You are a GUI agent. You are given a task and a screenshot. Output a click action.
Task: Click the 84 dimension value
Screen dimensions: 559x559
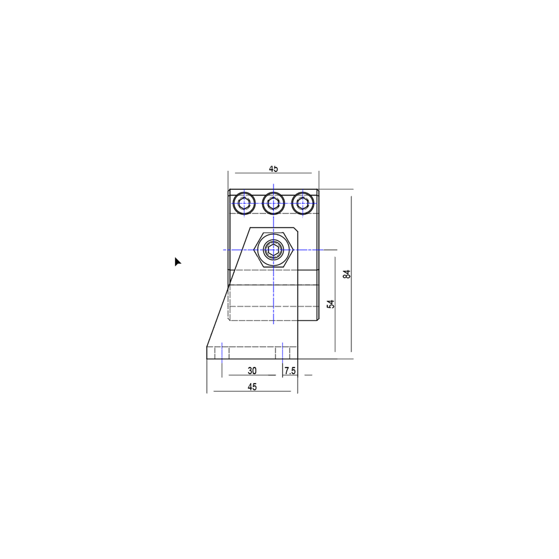pyautogui.click(x=347, y=274)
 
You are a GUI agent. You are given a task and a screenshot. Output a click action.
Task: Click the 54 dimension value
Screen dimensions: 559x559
pyautogui.click(x=331, y=304)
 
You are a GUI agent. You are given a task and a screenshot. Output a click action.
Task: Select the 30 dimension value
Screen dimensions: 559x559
pyautogui.click(x=252, y=371)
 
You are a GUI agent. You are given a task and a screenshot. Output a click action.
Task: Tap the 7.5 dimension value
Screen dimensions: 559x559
pyautogui.click(x=290, y=371)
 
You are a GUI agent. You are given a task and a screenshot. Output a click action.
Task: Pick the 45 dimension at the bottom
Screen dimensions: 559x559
pyautogui.click(x=252, y=387)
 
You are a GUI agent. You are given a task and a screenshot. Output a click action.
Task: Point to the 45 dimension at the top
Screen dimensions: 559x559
pyautogui.click(x=273, y=169)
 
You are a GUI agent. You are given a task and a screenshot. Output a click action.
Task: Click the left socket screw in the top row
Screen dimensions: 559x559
pyautogui.click(x=244, y=203)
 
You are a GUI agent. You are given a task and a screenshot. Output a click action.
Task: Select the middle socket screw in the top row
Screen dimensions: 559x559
pyautogui.click(x=273, y=203)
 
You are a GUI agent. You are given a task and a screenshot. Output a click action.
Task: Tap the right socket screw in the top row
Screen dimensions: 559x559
pyautogui.click(x=303, y=203)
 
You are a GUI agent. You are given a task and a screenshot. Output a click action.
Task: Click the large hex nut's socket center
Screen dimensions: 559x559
pyautogui.click(x=273, y=250)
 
